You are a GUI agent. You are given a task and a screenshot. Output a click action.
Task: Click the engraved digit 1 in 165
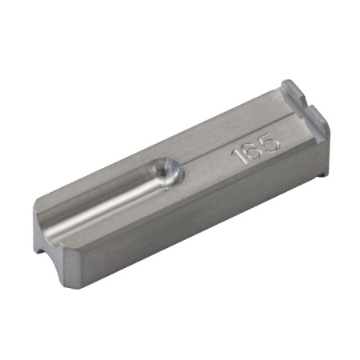[x=238, y=155]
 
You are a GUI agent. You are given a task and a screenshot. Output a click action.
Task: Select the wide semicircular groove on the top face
[x=104, y=200]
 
